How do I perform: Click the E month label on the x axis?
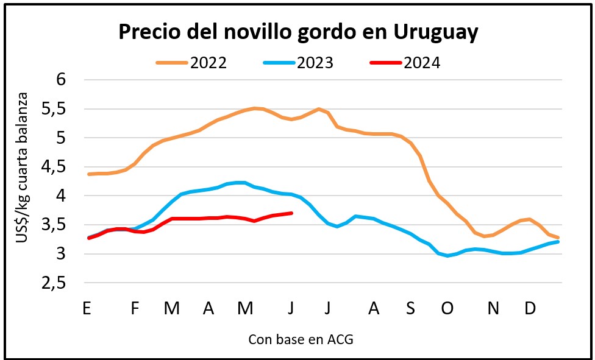point(87,309)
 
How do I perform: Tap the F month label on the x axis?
point(135,309)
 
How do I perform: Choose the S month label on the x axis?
point(410,309)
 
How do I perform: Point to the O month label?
point(447,309)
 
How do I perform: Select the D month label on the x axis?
point(530,309)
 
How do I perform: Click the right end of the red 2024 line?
point(292,213)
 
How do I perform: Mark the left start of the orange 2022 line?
point(89,174)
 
